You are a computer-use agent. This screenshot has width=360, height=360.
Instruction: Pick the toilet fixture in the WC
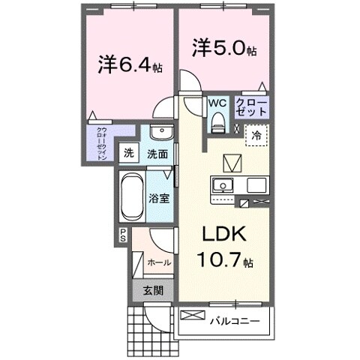pos(218,120)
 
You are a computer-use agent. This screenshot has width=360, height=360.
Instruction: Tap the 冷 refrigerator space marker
pos(256,136)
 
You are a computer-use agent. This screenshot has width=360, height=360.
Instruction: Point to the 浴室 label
pos(158,200)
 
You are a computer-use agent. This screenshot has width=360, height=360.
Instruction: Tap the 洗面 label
pos(157,155)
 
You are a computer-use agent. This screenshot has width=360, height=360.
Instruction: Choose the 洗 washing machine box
pos(128,154)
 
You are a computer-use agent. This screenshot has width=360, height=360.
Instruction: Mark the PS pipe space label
pos(122,236)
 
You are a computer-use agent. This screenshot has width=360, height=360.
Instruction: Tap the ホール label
pos(158,262)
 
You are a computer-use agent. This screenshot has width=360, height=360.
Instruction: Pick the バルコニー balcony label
pos(239,321)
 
